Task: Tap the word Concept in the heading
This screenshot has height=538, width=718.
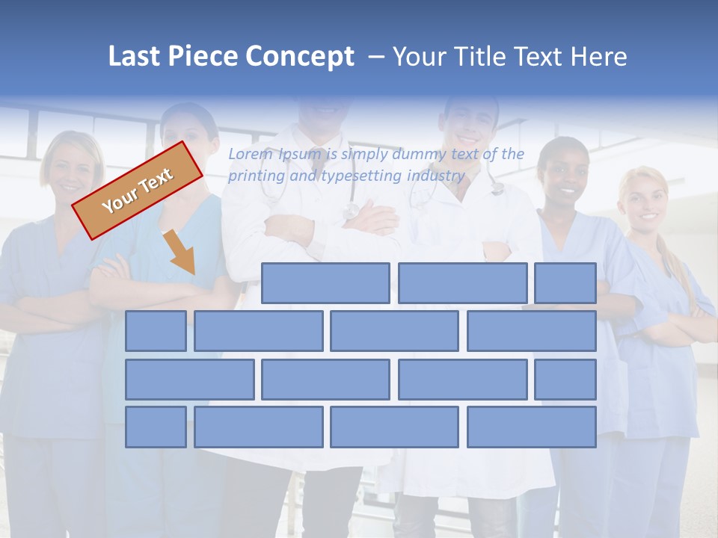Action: click(300, 57)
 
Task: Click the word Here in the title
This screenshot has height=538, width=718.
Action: click(598, 57)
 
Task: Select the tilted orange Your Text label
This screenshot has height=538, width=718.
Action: click(138, 190)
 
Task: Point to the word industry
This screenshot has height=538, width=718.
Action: click(436, 176)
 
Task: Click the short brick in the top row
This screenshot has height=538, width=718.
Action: click(565, 283)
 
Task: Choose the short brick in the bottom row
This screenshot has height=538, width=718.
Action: click(156, 427)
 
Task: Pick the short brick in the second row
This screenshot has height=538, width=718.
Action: click(156, 331)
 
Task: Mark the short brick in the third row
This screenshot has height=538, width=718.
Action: click(565, 379)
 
